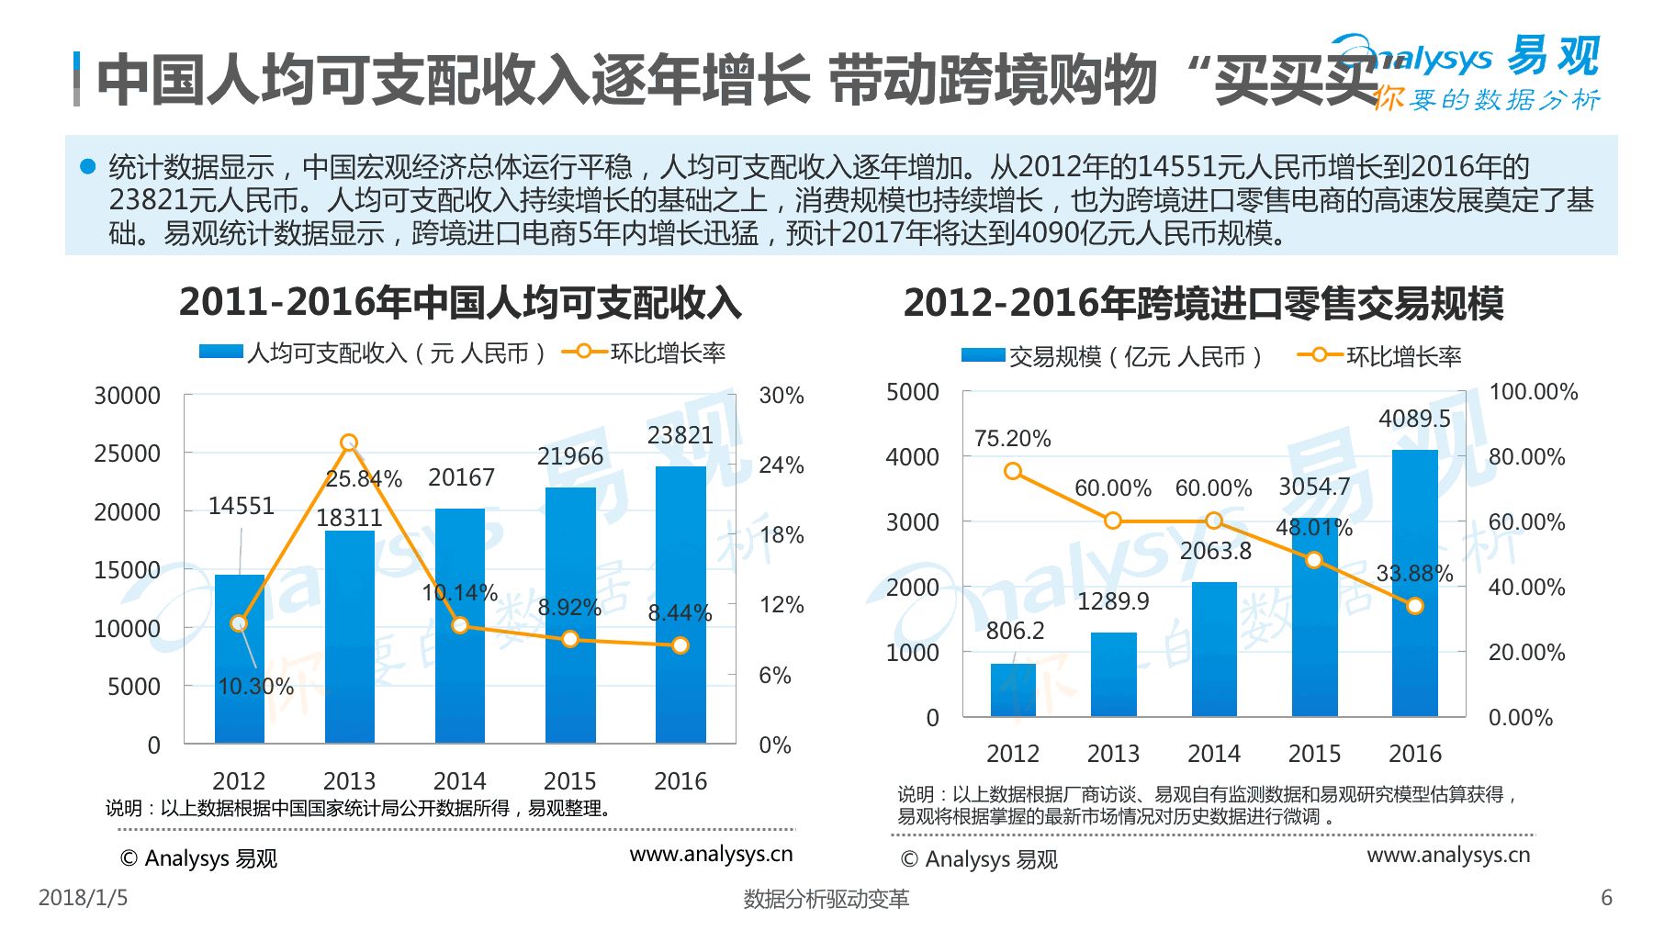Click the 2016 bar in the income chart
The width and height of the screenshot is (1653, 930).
click(x=680, y=606)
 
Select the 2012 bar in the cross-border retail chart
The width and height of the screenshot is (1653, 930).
click(x=1013, y=689)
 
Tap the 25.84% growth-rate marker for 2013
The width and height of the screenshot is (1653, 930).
click(x=349, y=443)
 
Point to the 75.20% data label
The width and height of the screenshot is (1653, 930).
click(x=1012, y=439)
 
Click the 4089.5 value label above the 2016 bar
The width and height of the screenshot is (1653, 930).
click(x=1414, y=419)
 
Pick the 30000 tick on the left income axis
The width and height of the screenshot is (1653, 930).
click(x=127, y=396)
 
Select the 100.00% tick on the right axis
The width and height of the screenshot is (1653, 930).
click(x=1533, y=392)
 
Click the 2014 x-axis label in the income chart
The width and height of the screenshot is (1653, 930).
click(x=459, y=781)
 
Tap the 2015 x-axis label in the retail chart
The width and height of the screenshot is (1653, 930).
click(x=1314, y=754)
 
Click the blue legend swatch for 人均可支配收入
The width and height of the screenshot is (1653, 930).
click(x=221, y=353)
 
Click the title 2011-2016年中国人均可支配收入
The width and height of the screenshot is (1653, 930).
click(x=460, y=302)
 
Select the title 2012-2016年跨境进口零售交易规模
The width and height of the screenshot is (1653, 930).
click(x=1203, y=303)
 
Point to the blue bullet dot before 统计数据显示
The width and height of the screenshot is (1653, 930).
click(x=88, y=166)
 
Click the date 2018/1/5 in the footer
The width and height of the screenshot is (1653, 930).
click(x=83, y=897)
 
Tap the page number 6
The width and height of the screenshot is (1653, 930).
click(x=1606, y=897)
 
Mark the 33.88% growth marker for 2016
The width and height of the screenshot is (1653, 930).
click(x=1415, y=606)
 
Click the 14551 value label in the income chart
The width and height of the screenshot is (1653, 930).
click(x=241, y=506)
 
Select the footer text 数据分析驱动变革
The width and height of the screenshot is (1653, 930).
click(x=826, y=899)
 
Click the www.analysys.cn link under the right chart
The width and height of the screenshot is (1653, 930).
click(x=1448, y=855)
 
